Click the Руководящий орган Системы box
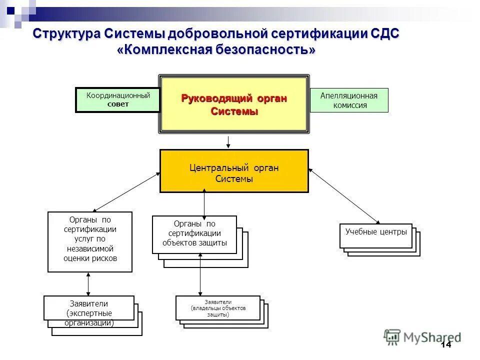[x=234, y=104]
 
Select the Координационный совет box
[x=118, y=100]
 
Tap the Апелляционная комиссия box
[x=349, y=100]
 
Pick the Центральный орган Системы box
[x=234, y=171]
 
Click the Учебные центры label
[x=376, y=232]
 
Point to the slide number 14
[x=445, y=345]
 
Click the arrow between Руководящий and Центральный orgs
[x=228, y=142]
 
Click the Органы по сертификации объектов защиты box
[x=194, y=234]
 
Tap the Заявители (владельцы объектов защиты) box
[x=218, y=308]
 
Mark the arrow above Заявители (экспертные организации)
[x=88, y=284]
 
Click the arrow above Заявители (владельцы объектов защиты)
[x=200, y=275]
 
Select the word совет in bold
[x=118, y=104]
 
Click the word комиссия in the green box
[x=349, y=105]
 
